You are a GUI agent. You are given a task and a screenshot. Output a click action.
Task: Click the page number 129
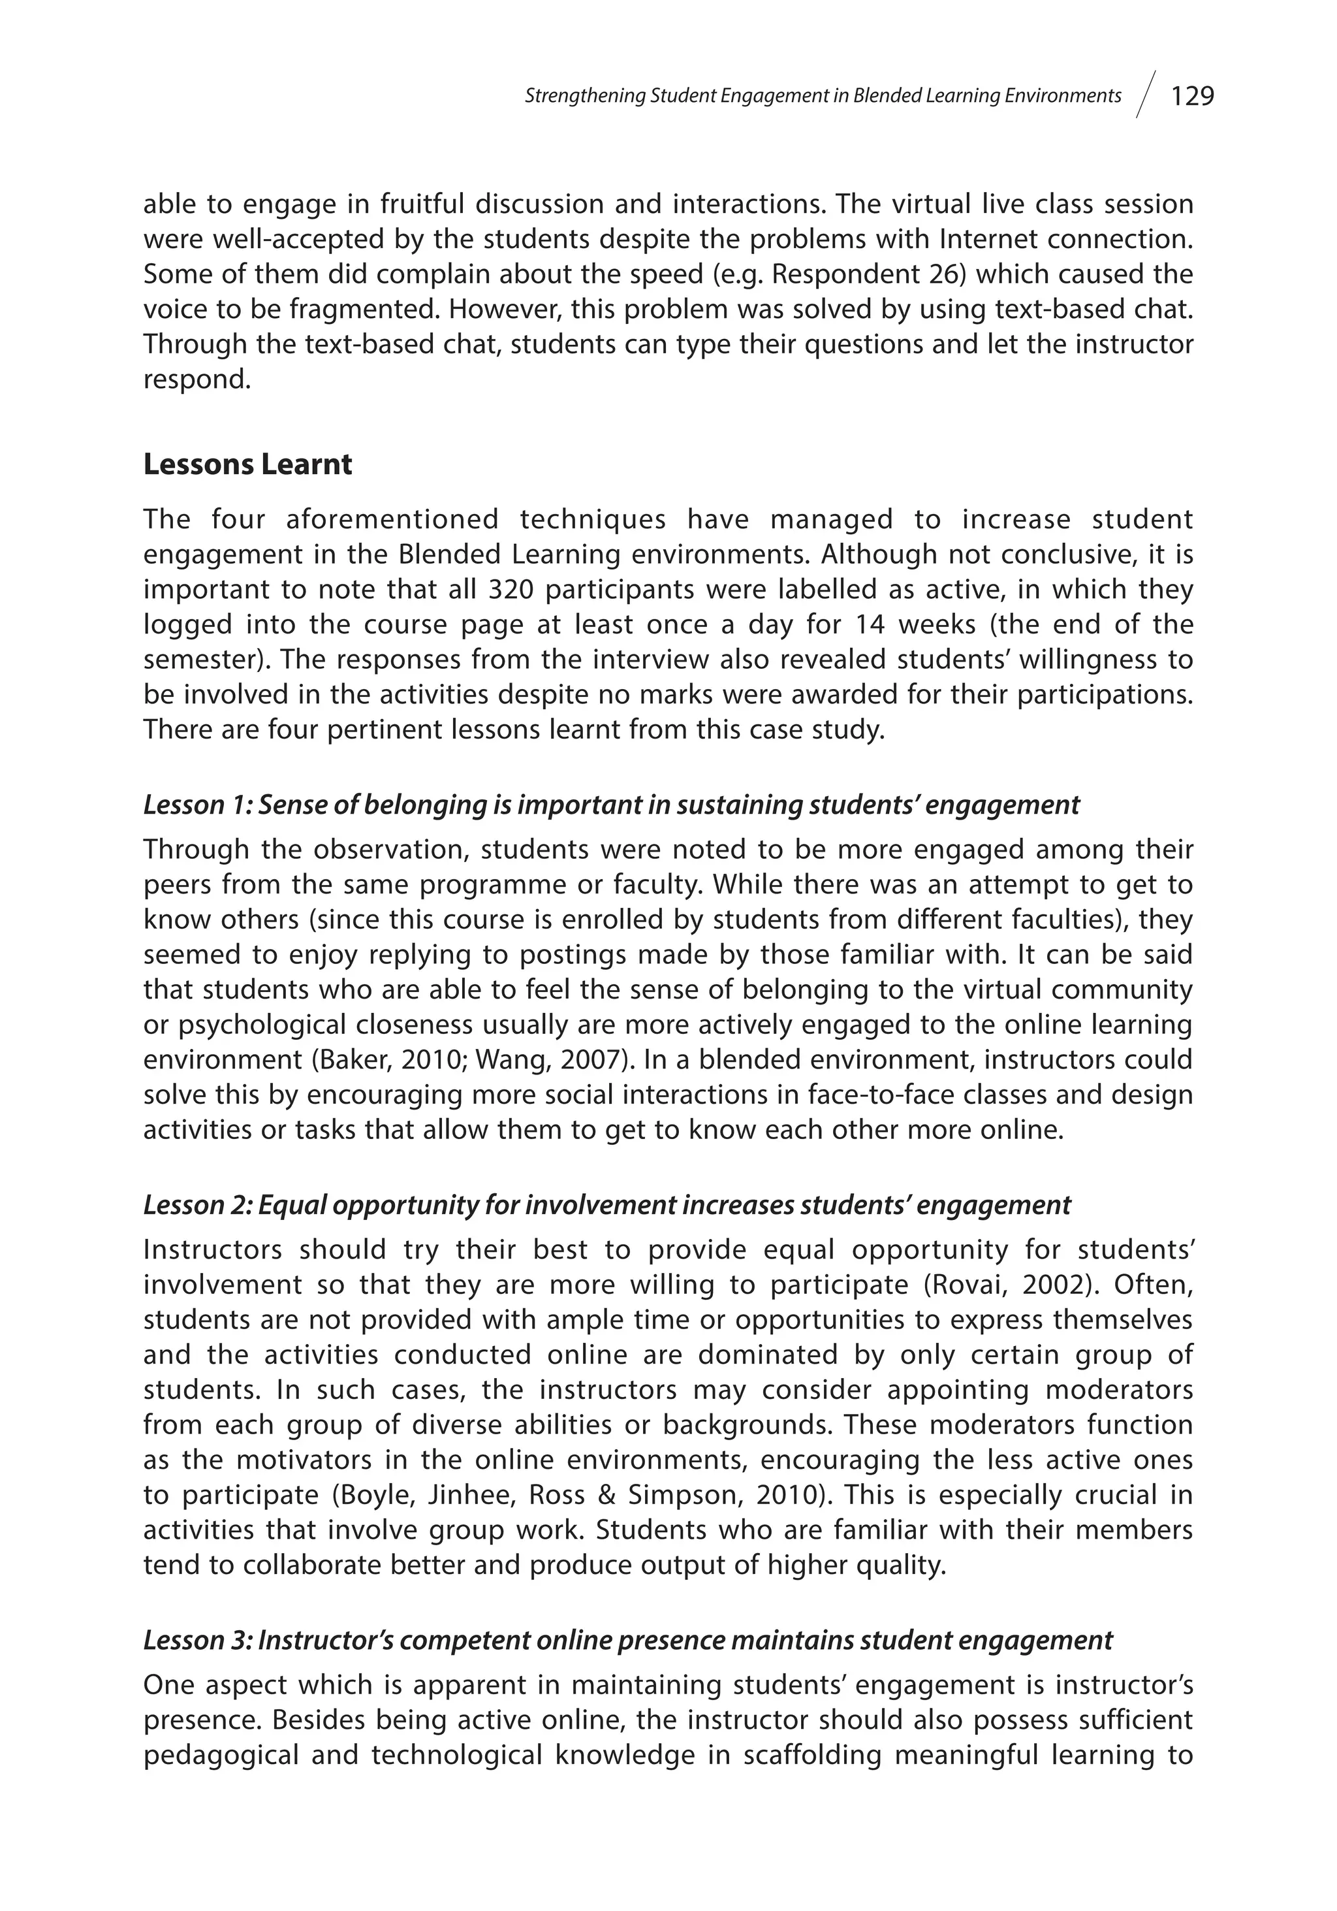tap(1192, 97)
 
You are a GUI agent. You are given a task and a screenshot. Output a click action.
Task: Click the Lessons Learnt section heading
tap(247, 464)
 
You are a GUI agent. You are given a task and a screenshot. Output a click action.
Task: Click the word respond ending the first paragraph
tap(197, 379)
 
